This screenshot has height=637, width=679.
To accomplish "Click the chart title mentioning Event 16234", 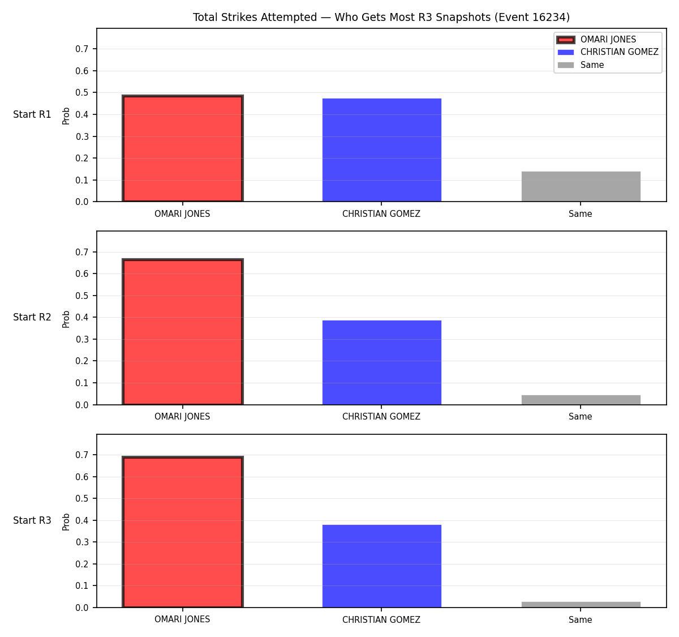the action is (381, 17).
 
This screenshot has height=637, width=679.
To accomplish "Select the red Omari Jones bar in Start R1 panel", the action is (183, 148).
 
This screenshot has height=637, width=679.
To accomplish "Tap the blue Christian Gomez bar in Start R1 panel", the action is (381, 150).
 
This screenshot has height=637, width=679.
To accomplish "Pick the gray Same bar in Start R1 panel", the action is (581, 186).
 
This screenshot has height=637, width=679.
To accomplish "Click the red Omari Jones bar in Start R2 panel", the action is (183, 332).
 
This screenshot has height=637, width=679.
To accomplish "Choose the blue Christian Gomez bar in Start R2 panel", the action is (381, 362).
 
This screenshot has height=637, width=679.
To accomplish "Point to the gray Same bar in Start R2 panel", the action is (581, 400).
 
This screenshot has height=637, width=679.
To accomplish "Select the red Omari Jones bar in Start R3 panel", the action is (183, 532).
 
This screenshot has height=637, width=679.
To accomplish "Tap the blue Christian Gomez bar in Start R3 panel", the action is (381, 566).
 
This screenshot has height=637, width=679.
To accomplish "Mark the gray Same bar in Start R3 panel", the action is (581, 605).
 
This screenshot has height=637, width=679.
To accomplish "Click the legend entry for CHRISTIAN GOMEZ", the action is (608, 52).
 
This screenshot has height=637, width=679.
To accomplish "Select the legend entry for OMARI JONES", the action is (596, 40).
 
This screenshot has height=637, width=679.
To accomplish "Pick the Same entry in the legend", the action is (581, 65).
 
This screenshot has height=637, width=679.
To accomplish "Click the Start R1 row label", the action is (32, 114).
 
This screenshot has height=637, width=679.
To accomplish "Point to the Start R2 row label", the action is (32, 317).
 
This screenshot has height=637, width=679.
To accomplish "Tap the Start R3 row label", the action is (32, 520).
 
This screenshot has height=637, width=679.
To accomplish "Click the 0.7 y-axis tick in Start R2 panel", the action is (81, 253).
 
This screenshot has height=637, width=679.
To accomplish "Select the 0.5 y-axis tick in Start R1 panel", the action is (81, 93).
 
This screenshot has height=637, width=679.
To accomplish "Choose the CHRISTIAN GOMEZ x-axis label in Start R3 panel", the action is (381, 619).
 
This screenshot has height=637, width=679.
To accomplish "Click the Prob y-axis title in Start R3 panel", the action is (66, 522).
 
